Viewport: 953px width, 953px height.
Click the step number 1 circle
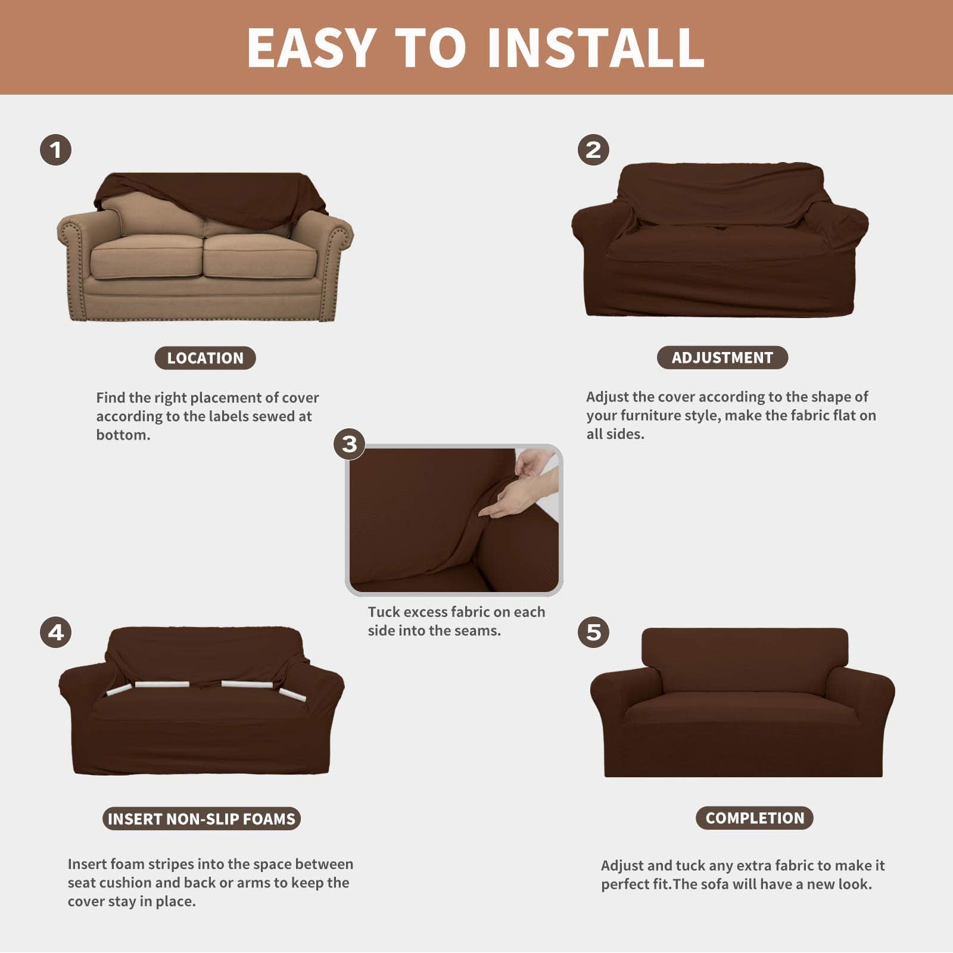pyautogui.click(x=56, y=150)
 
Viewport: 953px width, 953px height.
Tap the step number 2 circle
pyautogui.click(x=593, y=150)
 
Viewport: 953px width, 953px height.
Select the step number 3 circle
pyautogui.click(x=350, y=444)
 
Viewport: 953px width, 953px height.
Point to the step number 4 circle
pyautogui.click(x=56, y=632)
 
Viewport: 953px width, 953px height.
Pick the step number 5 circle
pyautogui.click(x=593, y=632)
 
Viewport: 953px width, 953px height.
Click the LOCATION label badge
pyautogui.click(x=205, y=358)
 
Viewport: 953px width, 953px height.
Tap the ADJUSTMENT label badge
pyautogui.click(x=722, y=357)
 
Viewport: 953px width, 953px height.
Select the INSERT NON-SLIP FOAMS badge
pyautogui.click(x=201, y=819)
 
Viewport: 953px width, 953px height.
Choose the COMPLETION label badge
pyautogui.click(x=755, y=818)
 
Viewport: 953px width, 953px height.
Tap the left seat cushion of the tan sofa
pyautogui.click(x=146, y=256)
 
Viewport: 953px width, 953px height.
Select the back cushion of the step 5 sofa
pyautogui.click(x=745, y=658)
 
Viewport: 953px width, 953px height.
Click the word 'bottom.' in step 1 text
pyautogui.click(x=123, y=435)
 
